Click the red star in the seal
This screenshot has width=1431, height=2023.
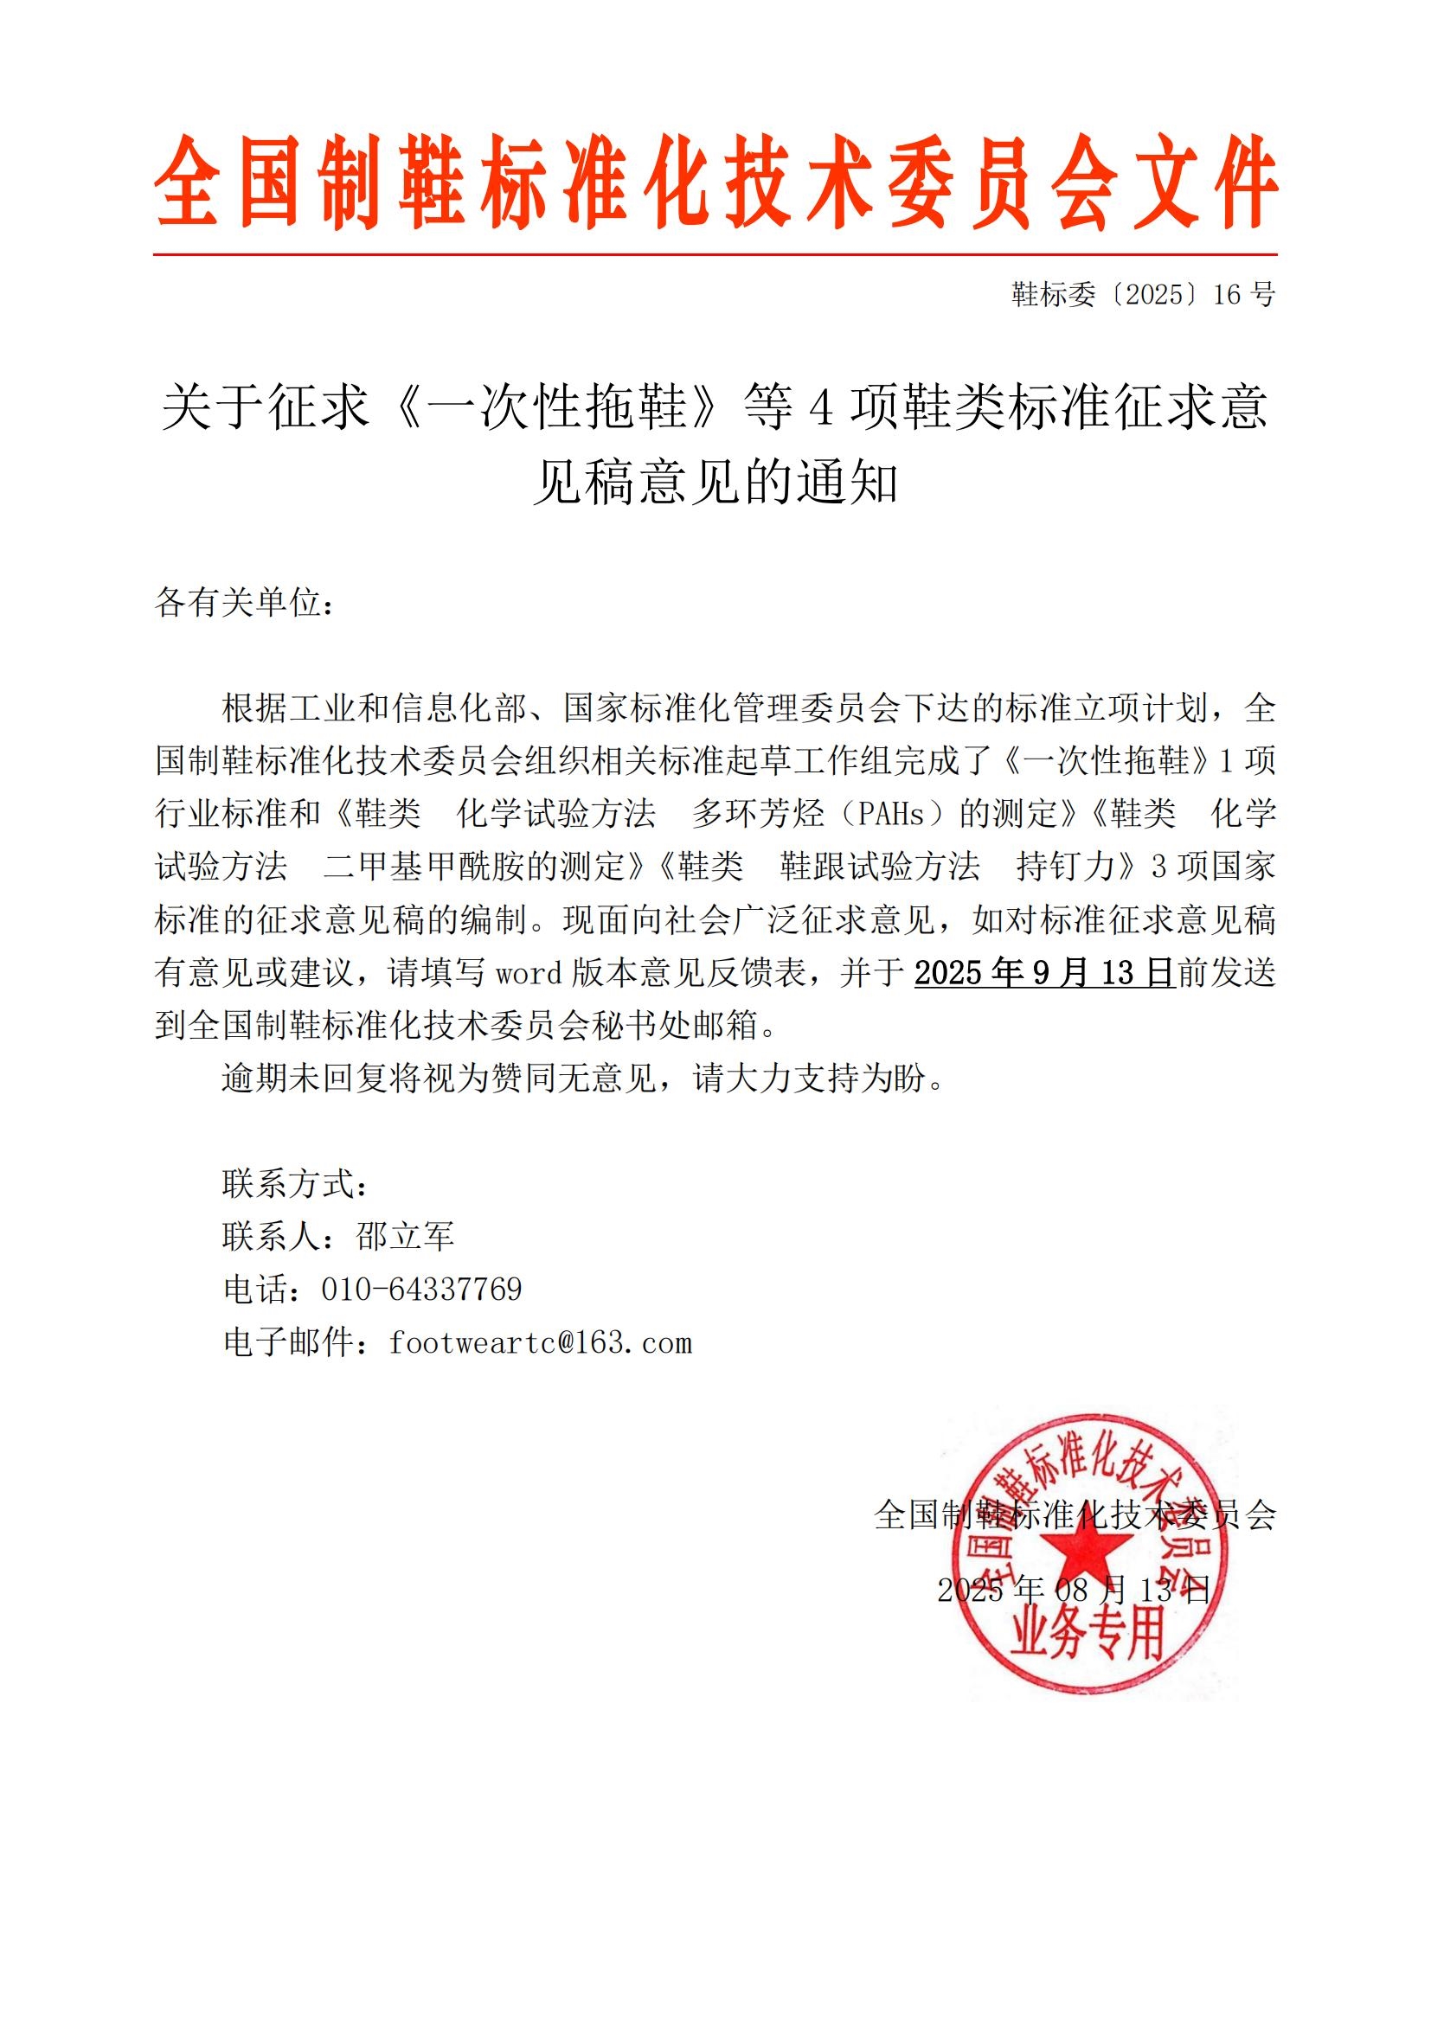click(x=1086, y=1559)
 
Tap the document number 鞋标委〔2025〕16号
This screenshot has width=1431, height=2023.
click(x=1143, y=295)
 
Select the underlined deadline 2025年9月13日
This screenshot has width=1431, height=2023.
click(x=1044, y=973)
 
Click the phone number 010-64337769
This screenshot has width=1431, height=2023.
click(x=421, y=1290)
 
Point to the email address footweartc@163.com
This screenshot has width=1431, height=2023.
click(x=540, y=1343)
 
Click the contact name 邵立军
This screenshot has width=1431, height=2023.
click(x=404, y=1237)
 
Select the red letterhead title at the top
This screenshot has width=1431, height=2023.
click(x=715, y=182)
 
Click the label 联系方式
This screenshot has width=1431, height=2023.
click(x=294, y=1184)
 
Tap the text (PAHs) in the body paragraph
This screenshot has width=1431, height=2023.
click(x=893, y=814)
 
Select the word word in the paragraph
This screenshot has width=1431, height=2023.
click(x=529, y=973)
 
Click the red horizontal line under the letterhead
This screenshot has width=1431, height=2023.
click(x=715, y=254)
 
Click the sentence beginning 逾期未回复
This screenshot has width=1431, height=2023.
click(x=581, y=1079)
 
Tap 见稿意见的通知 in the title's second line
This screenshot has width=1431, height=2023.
click(x=715, y=483)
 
